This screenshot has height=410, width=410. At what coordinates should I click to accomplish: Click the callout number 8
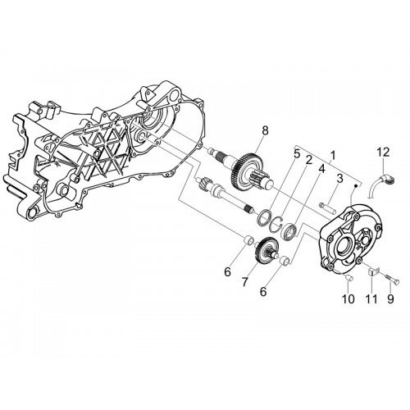[x=265, y=130]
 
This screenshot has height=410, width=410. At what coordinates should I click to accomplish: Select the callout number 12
[x=384, y=153]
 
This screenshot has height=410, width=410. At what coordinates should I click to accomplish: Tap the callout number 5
[x=297, y=153]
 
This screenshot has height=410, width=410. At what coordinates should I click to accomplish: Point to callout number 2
[x=308, y=160]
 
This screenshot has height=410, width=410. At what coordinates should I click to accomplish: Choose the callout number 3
[x=339, y=179]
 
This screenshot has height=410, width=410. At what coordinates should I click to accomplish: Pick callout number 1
[x=333, y=156]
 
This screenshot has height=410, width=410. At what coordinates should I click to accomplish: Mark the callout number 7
[x=244, y=282]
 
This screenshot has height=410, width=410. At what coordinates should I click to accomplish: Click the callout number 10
[x=348, y=299]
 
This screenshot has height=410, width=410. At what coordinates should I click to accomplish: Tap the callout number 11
[x=371, y=299]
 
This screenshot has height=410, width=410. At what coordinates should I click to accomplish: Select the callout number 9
[x=390, y=299]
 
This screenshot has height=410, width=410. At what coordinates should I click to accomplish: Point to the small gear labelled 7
[x=265, y=250]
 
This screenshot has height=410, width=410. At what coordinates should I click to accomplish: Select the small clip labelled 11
[x=372, y=271]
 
